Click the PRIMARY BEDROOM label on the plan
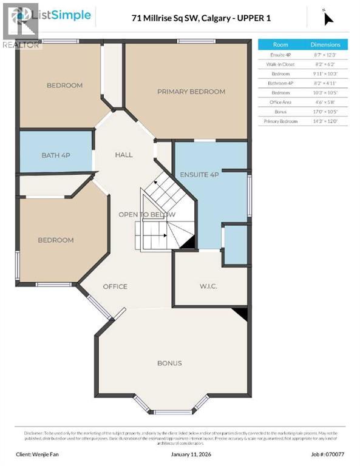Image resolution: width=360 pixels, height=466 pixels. click(x=191, y=92)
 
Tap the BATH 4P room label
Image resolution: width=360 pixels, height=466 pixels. click(x=56, y=155)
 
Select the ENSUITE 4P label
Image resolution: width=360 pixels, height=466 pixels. click(x=199, y=175)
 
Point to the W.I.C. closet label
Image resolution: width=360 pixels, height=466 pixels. click(x=208, y=286)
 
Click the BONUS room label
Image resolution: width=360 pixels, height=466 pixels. click(x=169, y=363)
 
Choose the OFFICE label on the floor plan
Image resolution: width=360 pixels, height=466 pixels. click(x=115, y=286)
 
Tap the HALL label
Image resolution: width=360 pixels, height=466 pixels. click(x=124, y=155)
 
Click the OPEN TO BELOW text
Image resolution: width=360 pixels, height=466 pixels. click(x=147, y=214)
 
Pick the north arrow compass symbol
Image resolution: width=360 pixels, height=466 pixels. click(x=328, y=18)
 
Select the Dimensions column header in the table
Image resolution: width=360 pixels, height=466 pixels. click(x=325, y=45)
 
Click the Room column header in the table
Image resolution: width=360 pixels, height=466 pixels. click(x=280, y=45)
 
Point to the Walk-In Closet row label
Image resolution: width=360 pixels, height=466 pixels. click(x=280, y=64)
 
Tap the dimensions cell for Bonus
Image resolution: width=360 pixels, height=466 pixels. click(x=325, y=112)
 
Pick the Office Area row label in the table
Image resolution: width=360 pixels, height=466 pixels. click(x=280, y=102)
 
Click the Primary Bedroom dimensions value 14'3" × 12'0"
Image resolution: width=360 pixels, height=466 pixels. click(x=325, y=121)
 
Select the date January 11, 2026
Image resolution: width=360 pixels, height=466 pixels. click(x=179, y=454)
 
